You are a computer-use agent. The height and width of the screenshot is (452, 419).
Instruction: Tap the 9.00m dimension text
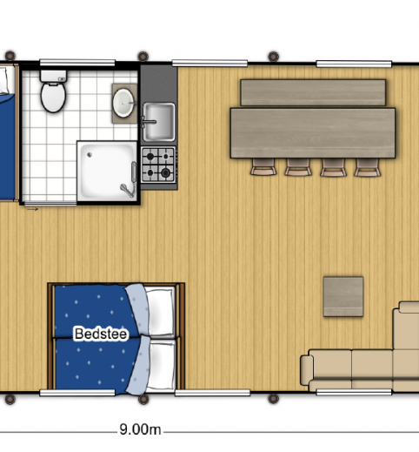tap(140, 429)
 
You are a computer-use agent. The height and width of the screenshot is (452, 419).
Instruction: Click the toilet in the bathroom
tap(54, 94)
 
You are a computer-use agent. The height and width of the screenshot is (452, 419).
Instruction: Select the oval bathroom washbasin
tap(124, 102)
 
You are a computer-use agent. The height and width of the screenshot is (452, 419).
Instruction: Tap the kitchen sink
tap(158, 120)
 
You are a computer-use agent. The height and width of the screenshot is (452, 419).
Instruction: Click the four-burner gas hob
tap(158, 164)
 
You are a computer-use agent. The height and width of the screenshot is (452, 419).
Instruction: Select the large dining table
tap(312, 132)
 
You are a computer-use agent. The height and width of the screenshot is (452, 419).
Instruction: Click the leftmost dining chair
tap(263, 167)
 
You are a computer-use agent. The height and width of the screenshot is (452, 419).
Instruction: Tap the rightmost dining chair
tap(366, 167)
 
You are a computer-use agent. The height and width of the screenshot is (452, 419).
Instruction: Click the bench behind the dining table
tap(313, 91)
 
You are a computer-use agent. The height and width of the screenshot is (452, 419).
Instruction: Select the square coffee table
tap(343, 296)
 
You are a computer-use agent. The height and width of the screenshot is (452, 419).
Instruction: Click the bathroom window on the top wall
tap(77, 63)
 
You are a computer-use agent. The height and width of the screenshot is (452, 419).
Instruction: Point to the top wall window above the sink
tap(198, 63)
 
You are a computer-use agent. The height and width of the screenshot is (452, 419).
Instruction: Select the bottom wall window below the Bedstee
tap(77, 393)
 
